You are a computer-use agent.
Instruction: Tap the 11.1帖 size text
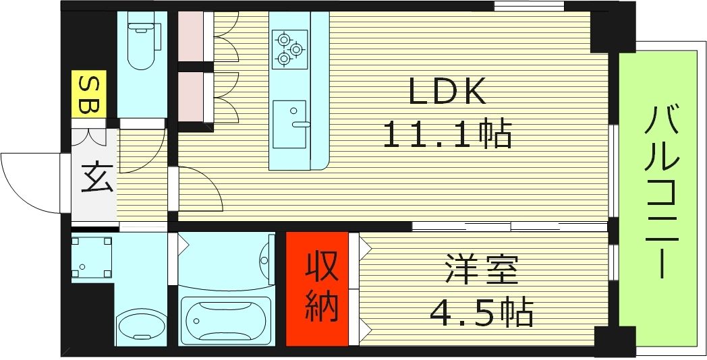click(x=447, y=134)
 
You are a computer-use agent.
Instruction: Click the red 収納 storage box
click(x=317, y=289)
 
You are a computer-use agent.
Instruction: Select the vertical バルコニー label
click(x=660, y=193)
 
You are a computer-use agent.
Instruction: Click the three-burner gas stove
click(x=289, y=49)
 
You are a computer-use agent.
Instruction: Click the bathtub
click(x=227, y=320)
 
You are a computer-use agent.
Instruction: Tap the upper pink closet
click(x=191, y=37)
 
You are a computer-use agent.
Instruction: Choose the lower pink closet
click(x=191, y=96)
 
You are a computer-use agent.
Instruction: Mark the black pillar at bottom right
click(x=615, y=340)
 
